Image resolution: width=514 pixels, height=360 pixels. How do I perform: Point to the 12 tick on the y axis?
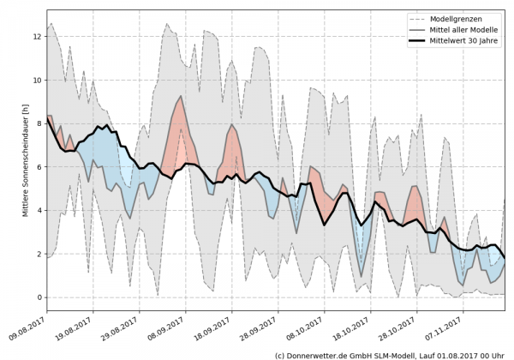pos(37,37)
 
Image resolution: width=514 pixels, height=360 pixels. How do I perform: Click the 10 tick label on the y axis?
pos(37,81)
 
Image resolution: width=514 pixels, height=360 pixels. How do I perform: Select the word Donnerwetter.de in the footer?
pos(320,354)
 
